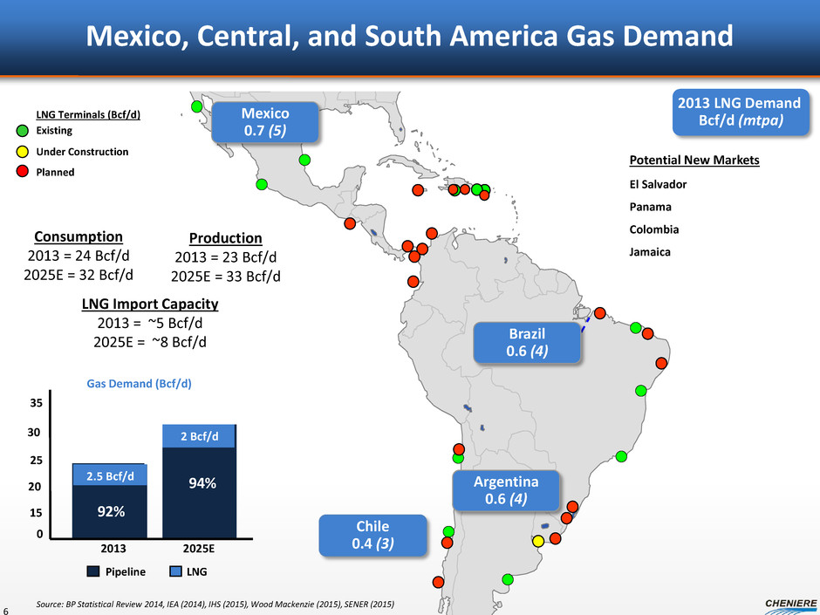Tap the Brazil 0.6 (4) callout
pos(526,342)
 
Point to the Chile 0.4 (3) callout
pos(372,535)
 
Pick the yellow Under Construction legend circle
pos(24,151)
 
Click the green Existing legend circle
pos(24,131)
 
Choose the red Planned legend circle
pos(24,172)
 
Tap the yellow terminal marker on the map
pos(538,541)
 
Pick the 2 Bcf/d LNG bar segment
pos(200,436)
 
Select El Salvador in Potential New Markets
pos(658,185)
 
